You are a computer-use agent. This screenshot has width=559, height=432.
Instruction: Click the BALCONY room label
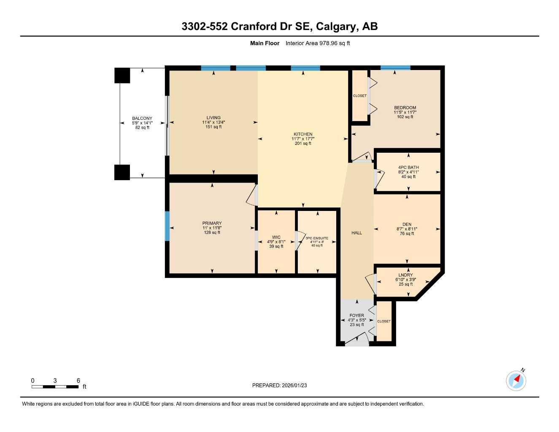pos(142,118)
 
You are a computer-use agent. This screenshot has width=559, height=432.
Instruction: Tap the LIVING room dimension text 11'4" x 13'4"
pos(213,122)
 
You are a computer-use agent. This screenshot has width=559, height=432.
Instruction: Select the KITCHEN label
pos(303,134)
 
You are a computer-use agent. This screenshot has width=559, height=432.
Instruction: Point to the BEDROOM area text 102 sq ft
pos(405,117)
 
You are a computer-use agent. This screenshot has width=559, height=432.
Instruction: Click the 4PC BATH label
pos(408,167)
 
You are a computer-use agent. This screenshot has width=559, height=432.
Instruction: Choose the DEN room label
pos(407,224)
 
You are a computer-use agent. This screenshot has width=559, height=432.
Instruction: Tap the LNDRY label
pos(405,275)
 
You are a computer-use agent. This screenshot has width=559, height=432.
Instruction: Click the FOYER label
pos(356,316)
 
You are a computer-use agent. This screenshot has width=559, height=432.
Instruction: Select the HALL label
pos(356,233)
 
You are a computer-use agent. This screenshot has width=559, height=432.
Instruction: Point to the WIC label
pos(276,238)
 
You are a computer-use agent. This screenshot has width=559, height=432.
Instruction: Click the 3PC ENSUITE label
pos(317,238)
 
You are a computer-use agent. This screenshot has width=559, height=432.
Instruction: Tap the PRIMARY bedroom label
pos(212,223)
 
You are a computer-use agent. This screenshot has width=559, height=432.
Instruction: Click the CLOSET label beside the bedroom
pos(360,96)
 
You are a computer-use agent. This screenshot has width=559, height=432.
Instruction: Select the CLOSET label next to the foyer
pos(384,321)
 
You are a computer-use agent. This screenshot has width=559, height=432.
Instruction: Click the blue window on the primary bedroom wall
pos(167,226)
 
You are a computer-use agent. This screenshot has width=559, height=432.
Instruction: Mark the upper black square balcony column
pos(122,76)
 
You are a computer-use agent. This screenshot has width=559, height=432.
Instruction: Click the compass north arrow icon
pos(516,380)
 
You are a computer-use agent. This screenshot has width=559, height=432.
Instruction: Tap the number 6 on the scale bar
pos(78,381)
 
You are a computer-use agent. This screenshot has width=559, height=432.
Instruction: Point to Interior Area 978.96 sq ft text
pos(318,43)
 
